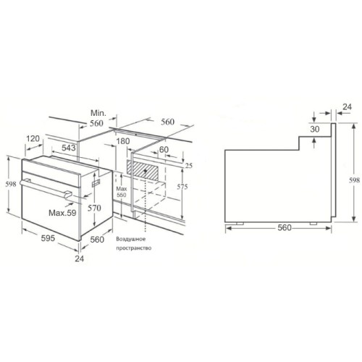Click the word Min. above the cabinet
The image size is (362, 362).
[99, 113]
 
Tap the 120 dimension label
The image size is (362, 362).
[32, 138]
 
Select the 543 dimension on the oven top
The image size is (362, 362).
[70, 147]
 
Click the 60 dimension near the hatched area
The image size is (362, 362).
[164, 149]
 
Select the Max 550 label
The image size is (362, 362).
[121, 192]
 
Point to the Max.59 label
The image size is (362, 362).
[63, 213]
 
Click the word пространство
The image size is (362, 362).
[132, 248]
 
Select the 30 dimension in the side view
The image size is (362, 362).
[314, 129]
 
